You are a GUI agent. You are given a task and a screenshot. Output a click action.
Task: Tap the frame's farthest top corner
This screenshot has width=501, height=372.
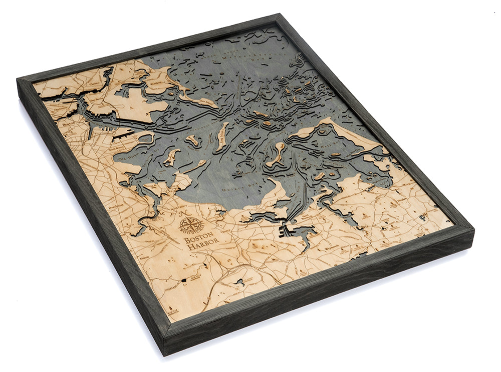pos(279,16)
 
